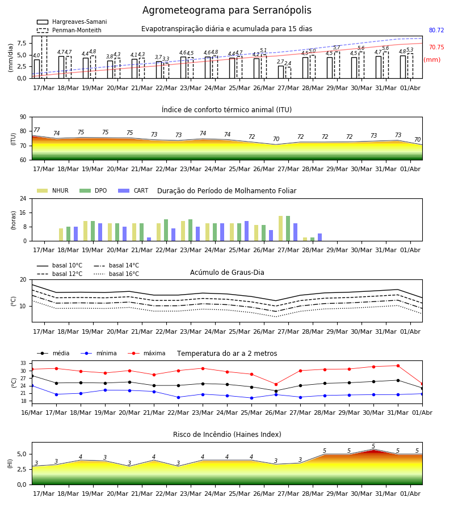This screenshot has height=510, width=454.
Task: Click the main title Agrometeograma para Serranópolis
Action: click(226, 10)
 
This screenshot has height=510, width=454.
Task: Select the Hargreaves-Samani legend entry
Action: click(72, 22)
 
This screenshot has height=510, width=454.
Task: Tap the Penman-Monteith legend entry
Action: click(69, 30)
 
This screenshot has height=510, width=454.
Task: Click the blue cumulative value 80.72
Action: click(436, 30)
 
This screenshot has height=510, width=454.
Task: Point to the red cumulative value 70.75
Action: click(436, 47)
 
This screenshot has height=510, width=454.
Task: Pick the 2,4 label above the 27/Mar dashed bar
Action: click(288, 63)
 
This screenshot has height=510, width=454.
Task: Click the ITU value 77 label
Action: click(37, 130)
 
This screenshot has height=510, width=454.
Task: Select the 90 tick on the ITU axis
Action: click(23, 117)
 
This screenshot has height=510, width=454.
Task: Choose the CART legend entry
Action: click(133, 190)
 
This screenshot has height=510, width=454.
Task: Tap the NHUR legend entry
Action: click(53, 190)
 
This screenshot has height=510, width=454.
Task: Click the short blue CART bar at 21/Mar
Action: click(149, 239)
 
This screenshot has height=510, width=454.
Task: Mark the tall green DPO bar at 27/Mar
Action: click(288, 228)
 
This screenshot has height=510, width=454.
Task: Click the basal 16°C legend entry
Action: click(116, 274)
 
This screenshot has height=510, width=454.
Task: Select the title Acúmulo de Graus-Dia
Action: click(227, 272)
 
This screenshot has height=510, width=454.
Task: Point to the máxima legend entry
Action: click(146, 353)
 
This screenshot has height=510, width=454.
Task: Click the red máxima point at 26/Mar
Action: click(276, 384)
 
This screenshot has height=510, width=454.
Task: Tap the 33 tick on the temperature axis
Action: click(23, 363)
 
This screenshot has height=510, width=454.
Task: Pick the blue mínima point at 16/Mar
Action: click(32, 386)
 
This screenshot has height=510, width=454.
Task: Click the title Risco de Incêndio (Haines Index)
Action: click(227, 435)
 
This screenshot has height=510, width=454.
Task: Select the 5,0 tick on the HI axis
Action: click(22, 454)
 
